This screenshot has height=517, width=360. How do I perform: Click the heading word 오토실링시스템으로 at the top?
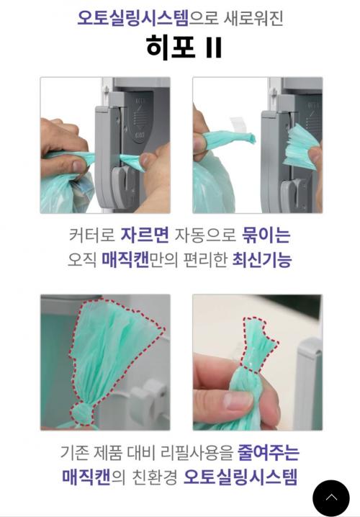tap(148, 18)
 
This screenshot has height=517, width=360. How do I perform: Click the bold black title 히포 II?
tap(184, 47)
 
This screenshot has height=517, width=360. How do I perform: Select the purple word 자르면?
tap(145, 235)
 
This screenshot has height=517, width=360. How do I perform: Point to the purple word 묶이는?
tap(266, 235)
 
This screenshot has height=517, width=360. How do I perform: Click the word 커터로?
tap(92, 235)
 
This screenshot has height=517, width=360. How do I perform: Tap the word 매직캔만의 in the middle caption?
tap(140, 260)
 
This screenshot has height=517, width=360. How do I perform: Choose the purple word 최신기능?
tap(262, 260)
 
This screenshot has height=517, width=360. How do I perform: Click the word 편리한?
tap(205, 260)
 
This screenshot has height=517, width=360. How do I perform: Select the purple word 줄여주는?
tap(269, 452)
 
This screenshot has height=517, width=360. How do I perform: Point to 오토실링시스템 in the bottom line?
tap(240, 477)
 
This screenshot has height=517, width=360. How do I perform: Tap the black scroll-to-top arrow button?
tap(331, 498)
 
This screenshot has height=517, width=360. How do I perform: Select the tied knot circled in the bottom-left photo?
tap(81, 414)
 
